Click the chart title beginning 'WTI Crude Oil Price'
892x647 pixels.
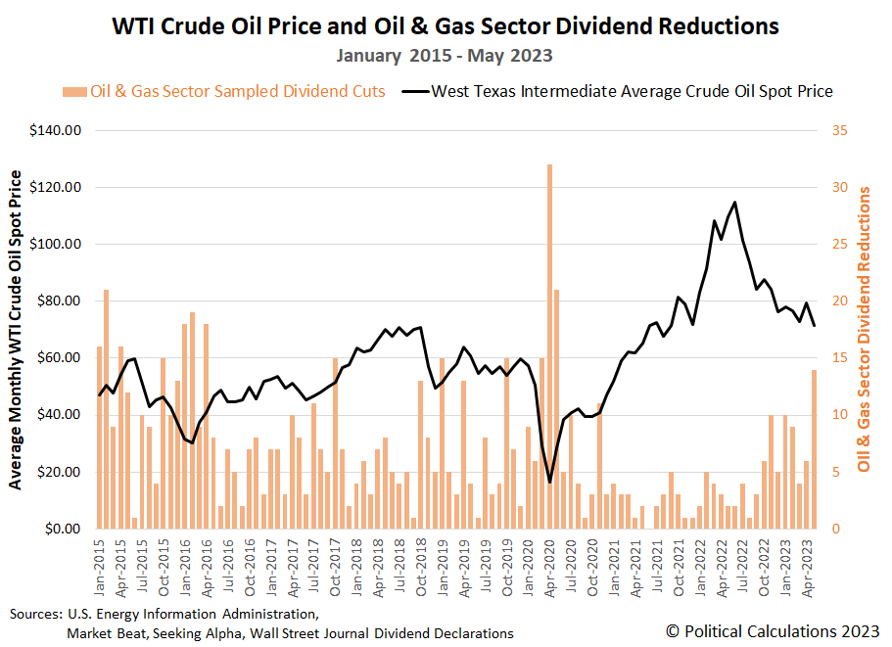[446, 26]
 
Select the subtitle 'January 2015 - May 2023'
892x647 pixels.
[446, 56]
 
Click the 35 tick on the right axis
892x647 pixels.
[837, 130]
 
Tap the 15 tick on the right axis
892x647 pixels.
[837, 358]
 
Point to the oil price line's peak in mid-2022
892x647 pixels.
[734, 202]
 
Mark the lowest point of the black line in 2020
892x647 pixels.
[550, 482]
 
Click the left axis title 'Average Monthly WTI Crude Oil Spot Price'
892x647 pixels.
[16, 329]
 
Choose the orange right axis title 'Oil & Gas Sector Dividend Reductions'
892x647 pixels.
[865, 329]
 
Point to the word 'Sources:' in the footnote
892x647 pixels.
[35, 615]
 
